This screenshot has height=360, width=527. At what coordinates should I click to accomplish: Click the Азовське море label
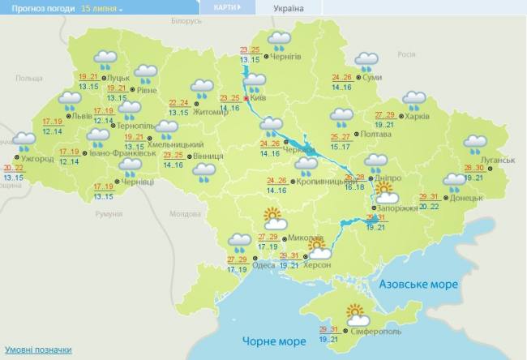pyautogui.click(x=418, y=285)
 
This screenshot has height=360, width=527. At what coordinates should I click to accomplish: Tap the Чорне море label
pyautogui.click(x=268, y=341)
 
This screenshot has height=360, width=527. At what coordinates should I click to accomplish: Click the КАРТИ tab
pyautogui.click(x=228, y=7)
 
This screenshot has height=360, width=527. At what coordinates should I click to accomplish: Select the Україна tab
pyautogui.click(x=289, y=8)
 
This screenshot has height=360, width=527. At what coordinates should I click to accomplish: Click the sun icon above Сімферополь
pyautogui.click(x=355, y=314)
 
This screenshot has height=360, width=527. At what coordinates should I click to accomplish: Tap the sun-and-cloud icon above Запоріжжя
pyautogui.click(x=385, y=193)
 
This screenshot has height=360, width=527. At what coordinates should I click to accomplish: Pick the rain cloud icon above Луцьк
pyautogui.click(x=105, y=59)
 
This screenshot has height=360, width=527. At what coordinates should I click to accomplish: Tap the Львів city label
pyautogui.click(x=82, y=116)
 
